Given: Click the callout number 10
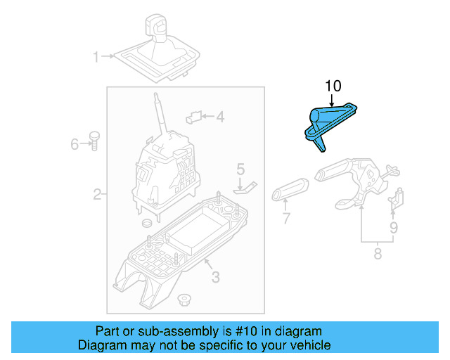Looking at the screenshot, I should point(333,86).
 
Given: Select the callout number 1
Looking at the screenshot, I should point(96,56).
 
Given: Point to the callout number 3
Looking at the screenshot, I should point(215,277).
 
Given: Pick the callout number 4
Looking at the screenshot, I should point(220,117).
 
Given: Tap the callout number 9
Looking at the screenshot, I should point(394,227).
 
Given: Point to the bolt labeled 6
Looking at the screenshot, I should point(93,140).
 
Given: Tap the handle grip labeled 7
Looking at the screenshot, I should point(290,188).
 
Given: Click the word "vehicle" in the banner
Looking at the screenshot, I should point(304,345).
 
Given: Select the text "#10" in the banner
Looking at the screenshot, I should point(245,331).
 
